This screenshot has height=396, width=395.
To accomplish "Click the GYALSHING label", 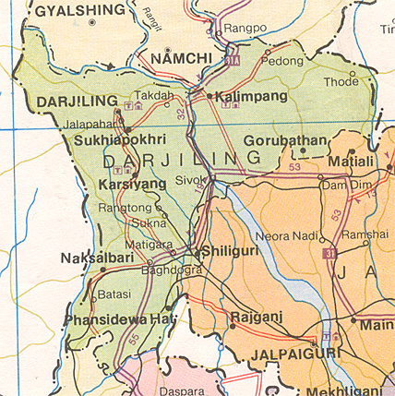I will tap(79, 11).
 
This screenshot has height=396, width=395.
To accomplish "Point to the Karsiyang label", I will tap(132, 185).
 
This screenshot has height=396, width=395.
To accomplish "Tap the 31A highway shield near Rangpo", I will tap(231, 62).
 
